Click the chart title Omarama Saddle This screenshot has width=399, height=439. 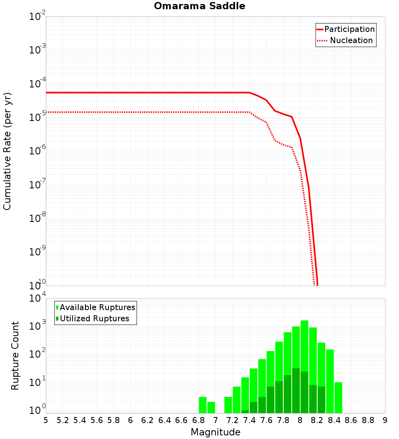pos(199,6)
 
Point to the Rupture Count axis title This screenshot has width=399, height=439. pos(15,355)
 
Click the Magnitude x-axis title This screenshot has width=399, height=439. pos(215,432)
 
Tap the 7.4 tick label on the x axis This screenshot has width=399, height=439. pos(249,420)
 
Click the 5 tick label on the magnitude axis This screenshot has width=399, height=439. pos(46,420)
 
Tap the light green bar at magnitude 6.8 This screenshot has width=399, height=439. pos(203,405)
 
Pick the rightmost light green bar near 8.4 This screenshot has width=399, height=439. pos(338,397)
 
